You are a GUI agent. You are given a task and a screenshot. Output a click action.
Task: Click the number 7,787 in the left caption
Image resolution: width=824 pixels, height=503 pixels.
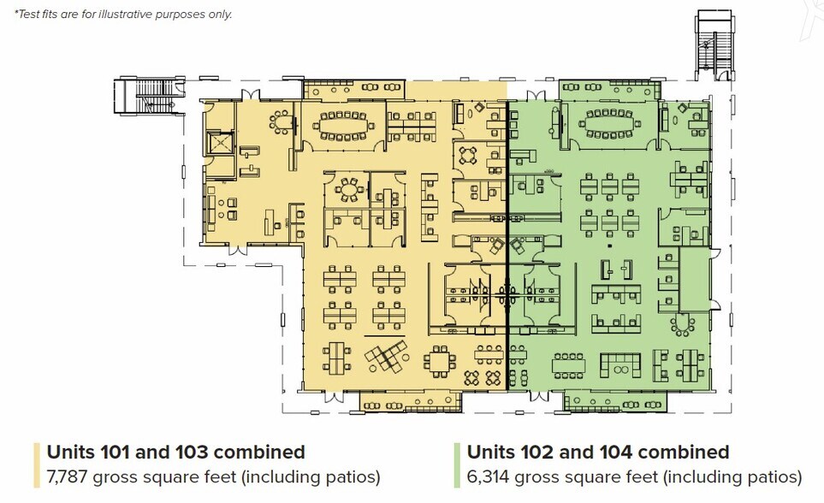coord(67,476)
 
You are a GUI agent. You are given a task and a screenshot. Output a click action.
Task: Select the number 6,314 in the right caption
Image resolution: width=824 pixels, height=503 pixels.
coord(488,476)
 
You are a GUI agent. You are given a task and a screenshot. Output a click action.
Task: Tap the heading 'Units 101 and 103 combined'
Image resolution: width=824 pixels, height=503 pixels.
coord(176,452)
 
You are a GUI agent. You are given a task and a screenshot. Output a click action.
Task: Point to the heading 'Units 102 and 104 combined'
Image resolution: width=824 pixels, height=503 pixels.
coord(598,452)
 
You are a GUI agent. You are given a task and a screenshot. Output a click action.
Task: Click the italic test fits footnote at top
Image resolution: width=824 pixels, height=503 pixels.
coord(123,15)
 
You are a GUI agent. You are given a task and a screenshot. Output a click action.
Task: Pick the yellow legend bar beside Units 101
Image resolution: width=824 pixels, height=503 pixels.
coord(37,465)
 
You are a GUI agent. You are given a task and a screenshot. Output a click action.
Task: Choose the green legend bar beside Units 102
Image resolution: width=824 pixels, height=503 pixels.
coord(457,465)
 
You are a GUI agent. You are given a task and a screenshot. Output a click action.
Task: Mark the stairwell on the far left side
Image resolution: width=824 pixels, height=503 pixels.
coord(150,96)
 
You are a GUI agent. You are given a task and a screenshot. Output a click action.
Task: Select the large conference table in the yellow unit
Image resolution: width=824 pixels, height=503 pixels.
coord(344,126)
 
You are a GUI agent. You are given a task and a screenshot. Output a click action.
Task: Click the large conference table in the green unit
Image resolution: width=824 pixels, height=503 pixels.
coord(609,124)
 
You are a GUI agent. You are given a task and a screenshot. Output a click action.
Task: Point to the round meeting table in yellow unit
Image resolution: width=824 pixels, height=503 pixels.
coord(348,190)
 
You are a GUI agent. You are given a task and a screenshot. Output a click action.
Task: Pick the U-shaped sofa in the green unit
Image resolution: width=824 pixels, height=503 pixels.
coord(620,365)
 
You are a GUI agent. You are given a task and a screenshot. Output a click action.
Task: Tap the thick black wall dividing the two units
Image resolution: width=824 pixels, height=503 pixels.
coord(507,246)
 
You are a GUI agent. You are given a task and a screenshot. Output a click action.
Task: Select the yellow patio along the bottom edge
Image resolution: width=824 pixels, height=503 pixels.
coord(410,401)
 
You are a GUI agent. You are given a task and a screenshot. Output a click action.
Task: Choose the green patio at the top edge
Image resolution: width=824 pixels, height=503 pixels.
coord(609,91)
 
